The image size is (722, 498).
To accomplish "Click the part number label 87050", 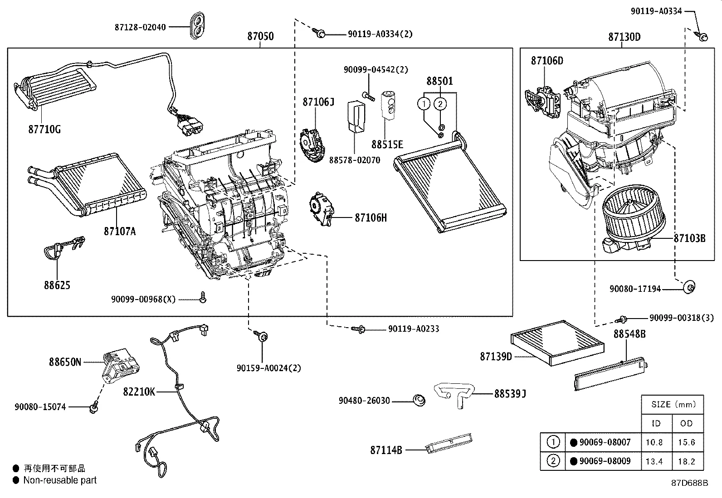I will point(260,36).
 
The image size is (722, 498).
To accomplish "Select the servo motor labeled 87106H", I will point(322,209).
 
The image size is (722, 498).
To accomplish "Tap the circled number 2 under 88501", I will point(440,104).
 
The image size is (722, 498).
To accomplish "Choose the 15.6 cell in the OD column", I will point(686,442).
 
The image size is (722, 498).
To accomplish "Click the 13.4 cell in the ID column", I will point(654,461).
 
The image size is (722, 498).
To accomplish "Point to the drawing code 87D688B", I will point(689,483).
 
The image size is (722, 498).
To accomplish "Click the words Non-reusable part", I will point(60,480).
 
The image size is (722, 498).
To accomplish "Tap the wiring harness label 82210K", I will point(139,392).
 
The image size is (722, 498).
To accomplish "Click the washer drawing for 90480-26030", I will point(419,400).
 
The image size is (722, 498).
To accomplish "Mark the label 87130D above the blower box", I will point(624,37).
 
